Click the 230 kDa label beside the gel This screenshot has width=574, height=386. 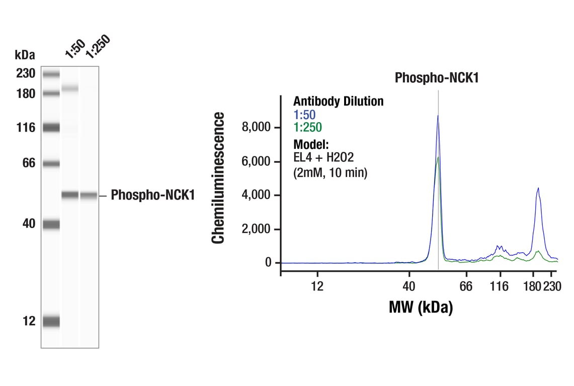coord(25,74)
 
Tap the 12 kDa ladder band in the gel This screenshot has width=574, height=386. coord(51,321)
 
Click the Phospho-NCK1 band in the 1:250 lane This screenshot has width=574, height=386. coord(89,196)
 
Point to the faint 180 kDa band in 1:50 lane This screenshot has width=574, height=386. coord(70,88)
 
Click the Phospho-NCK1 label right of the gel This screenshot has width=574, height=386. coord(152,195)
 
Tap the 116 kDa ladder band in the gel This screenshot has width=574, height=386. coord(51,128)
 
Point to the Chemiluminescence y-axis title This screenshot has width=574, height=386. coord(218,178)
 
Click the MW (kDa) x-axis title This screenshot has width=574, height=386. coord(421,307)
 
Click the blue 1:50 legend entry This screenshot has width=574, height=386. coord(304,115)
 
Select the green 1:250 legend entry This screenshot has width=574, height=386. coord(307,128)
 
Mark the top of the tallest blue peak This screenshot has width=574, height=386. coord(438,116)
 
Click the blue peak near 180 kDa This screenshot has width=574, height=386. coord(538,189)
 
